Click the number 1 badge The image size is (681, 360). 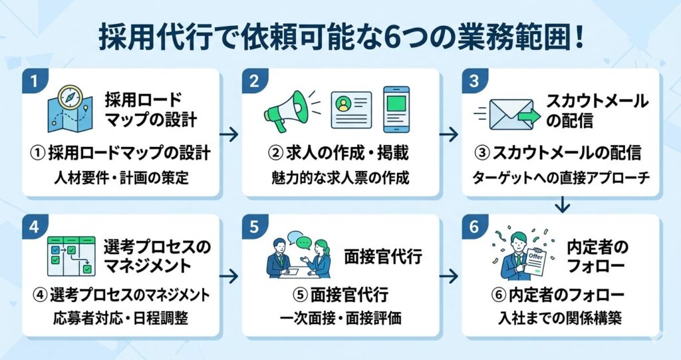point(35,82)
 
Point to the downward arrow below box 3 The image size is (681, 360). point(563,204)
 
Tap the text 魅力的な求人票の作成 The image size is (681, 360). point(340,178)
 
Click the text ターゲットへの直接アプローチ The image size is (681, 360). point(561,178)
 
